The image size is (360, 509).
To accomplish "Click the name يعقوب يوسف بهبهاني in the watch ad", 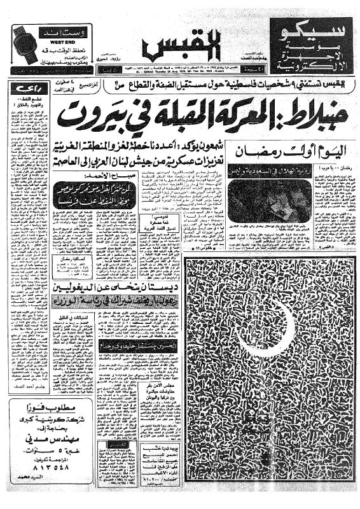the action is pos(60,66).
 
